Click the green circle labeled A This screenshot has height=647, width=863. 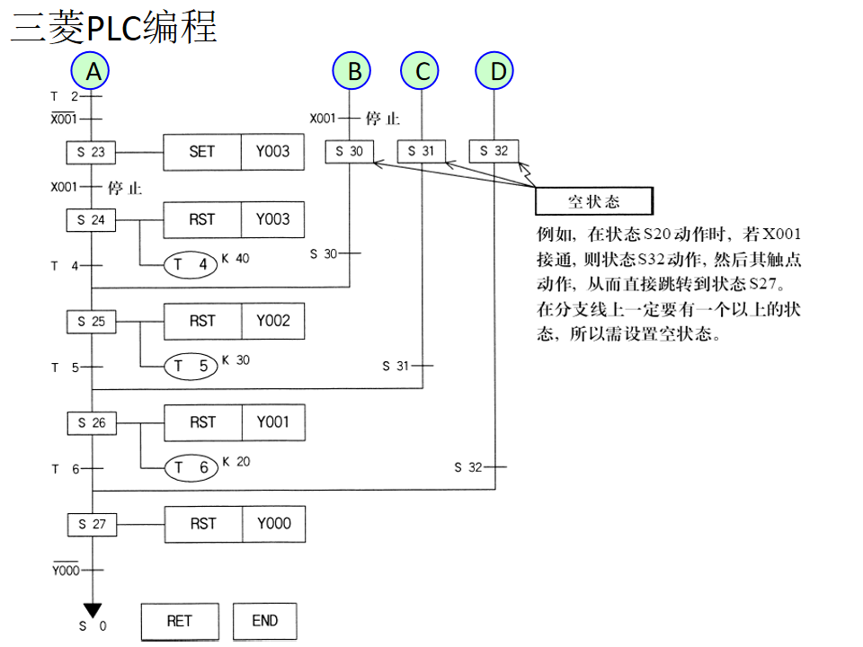(x=92, y=70)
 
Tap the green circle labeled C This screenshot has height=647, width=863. (x=423, y=70)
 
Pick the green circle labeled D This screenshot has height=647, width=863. (x=495, y=70)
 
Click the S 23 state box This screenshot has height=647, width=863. (x=92, y=152)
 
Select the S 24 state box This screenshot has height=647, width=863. (x=92, y=219)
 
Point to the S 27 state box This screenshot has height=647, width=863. (x=92, y=524)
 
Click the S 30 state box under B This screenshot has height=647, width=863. (x=350, y=151)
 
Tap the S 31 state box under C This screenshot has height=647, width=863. (x=422, y=151)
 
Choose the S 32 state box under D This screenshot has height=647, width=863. (x=494, y=151)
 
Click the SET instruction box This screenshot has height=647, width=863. (x=202, y=152)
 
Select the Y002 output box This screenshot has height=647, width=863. (x=273, y=321)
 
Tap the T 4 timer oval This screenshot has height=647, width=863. (x=191, y=265)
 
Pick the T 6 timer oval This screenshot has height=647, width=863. (x=191, y=467)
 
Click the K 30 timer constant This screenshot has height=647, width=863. (x=236, y=360)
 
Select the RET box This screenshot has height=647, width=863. (x=179, y=621)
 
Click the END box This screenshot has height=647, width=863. (x=264, y=621)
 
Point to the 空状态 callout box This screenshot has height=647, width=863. (x=593, y=201)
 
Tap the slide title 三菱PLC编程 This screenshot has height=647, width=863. (x=114, y=28)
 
